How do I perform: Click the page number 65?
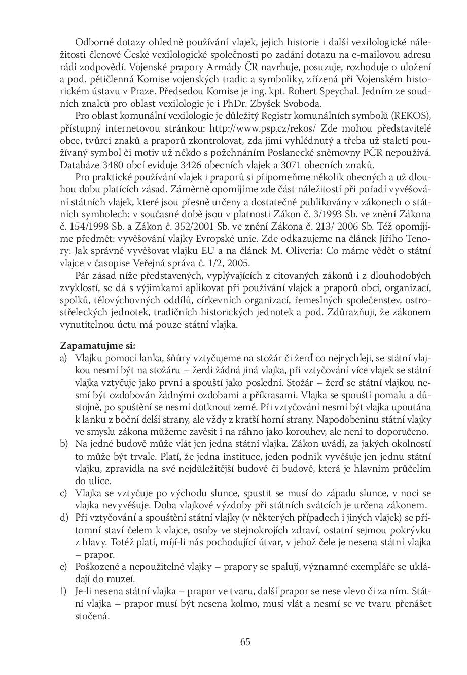245,641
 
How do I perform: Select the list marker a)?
64,358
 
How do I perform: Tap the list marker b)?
64,444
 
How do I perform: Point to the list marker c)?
64,493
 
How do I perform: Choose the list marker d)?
64,518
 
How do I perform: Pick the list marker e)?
64,566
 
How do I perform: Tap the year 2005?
238,263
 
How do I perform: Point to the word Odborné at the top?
93,42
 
